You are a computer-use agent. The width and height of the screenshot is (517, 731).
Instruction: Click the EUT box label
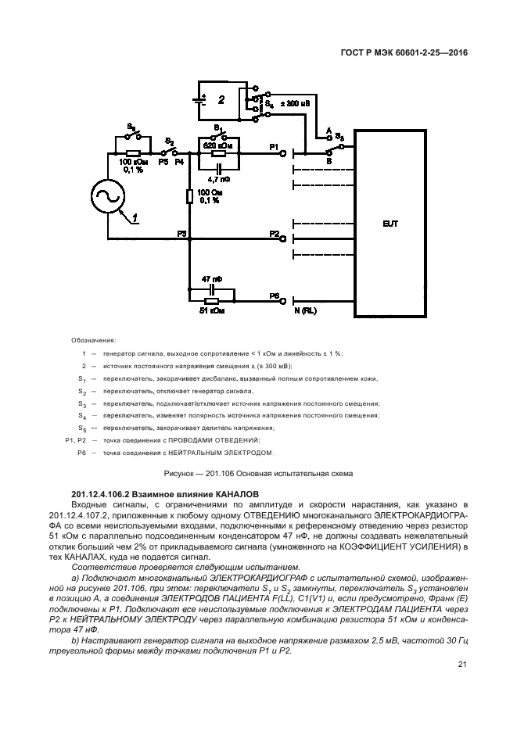coord(390,224)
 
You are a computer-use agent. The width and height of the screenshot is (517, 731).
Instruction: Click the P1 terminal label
coord(273,146)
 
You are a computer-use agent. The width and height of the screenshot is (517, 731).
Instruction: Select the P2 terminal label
coord(274,233)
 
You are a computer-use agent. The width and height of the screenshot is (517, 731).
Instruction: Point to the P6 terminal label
coord(274,296)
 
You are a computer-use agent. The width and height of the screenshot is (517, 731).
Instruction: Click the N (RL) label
coord(304,311)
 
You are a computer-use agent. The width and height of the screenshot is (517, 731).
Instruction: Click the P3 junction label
coord(181,233)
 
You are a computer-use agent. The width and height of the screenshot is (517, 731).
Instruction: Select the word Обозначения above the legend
coord(93,341)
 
